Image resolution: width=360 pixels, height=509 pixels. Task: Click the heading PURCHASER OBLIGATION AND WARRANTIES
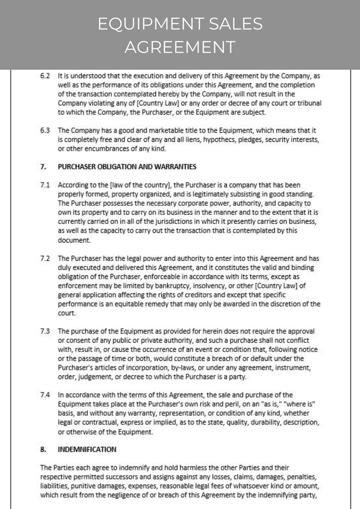[x=127, y=167]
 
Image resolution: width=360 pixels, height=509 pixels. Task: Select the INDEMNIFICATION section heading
[x=87, y=450]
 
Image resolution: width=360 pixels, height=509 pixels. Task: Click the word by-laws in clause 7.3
[x=187, y=368]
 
